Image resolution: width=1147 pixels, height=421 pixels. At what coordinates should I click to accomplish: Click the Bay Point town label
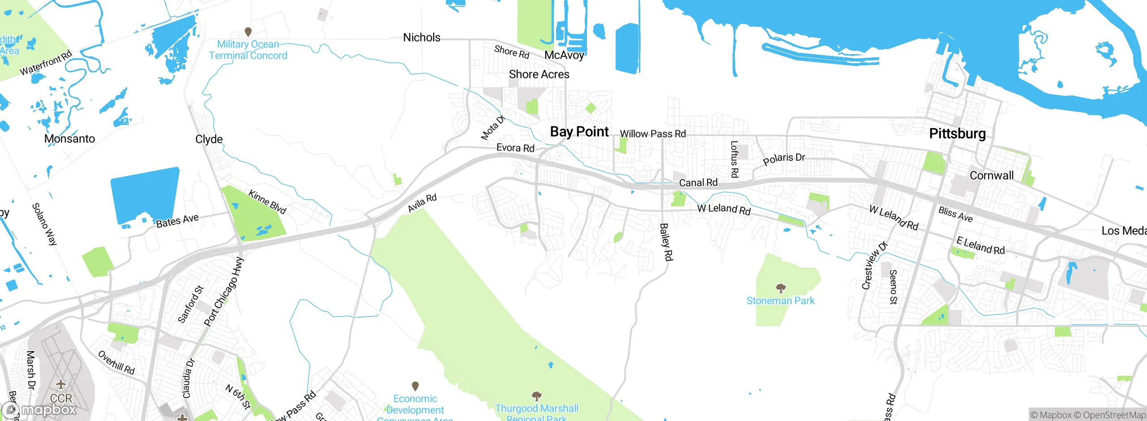(x=579, y=132)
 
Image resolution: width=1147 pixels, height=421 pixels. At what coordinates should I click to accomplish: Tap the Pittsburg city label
(x=957, y=133)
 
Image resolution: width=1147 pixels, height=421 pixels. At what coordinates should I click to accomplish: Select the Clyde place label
(x=209, y=139)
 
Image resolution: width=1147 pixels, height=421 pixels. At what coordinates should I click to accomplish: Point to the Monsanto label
(x=69, y=139)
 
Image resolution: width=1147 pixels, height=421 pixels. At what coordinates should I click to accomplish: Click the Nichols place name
(x=422, y=38)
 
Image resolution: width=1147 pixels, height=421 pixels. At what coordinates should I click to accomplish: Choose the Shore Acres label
(x=539, y=74)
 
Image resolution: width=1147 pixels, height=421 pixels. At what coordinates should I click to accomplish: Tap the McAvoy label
(x=564, y=55)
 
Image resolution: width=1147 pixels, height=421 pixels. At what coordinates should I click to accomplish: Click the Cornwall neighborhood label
(x=992, y=176)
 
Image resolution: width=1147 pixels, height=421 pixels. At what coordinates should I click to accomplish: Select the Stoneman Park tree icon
(x=780, y=288)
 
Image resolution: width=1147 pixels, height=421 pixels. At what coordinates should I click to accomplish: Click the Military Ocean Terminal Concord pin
(x=248, y=32)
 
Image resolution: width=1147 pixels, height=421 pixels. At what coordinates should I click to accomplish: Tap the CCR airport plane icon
(x=61, y=385)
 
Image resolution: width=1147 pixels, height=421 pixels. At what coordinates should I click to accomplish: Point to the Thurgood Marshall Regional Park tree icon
(x=536, y=396)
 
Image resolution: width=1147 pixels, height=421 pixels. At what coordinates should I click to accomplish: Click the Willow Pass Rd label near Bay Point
(x=653, y=134)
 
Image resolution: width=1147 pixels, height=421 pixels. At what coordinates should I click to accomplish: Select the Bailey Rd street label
(x=666, y=242)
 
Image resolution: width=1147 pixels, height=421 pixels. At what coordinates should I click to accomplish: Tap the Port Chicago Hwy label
(x=224, y=291)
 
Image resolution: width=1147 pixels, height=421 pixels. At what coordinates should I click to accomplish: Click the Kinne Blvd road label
(x=267, y=202)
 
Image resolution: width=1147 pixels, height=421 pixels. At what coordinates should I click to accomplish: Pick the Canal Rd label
(x=698, y=183)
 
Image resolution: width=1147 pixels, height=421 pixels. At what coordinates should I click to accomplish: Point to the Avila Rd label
(x=422, y=203)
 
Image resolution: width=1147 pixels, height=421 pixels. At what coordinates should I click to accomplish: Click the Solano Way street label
(x=44, y=224)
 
